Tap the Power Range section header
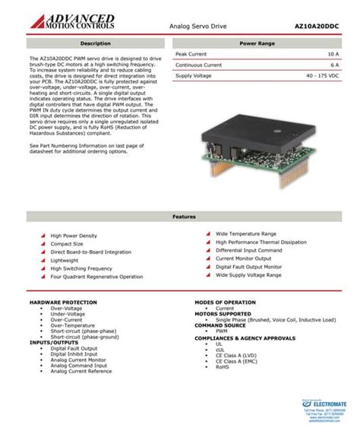point(257,43)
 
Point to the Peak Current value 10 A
point(333,55)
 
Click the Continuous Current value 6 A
point(334,65)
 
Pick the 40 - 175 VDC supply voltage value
point(322,76)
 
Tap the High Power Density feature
point(74,236)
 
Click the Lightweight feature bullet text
point(65,260)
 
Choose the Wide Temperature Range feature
point(245,234)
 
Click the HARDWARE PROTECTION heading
point(63,302)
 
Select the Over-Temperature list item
point(72,325)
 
